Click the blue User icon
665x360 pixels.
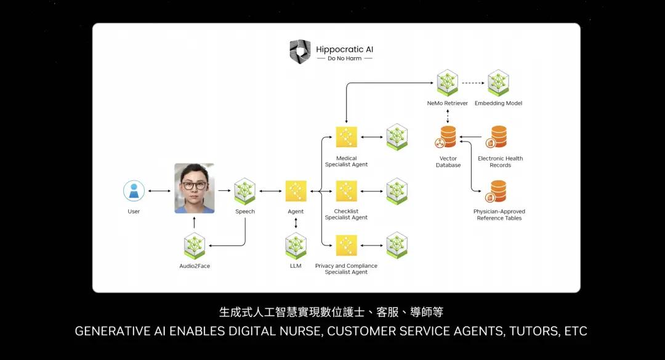(134, 191)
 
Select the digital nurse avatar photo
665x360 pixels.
(195, 188)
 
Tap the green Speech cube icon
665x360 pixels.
(244, 191)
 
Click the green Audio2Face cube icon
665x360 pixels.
(195, 246)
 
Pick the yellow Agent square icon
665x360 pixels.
(296, 191)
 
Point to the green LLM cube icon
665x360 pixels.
(296, 246)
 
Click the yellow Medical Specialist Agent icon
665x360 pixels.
(346, 137)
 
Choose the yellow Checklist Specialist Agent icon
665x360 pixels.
(346, 191)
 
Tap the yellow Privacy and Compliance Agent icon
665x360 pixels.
(346, 246)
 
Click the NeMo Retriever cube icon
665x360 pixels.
(447, 82)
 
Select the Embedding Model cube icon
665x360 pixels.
(498, 82)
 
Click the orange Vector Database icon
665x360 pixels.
(448, 137)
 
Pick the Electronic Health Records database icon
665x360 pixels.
(498, 137)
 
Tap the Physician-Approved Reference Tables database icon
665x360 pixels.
(498, 191)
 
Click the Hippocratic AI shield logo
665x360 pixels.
(300, 51)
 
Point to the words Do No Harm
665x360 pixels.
(344, 58)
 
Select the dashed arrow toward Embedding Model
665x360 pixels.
(472, 82)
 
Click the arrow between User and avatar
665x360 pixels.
(159, 191)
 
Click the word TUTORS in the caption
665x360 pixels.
(531, 331)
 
